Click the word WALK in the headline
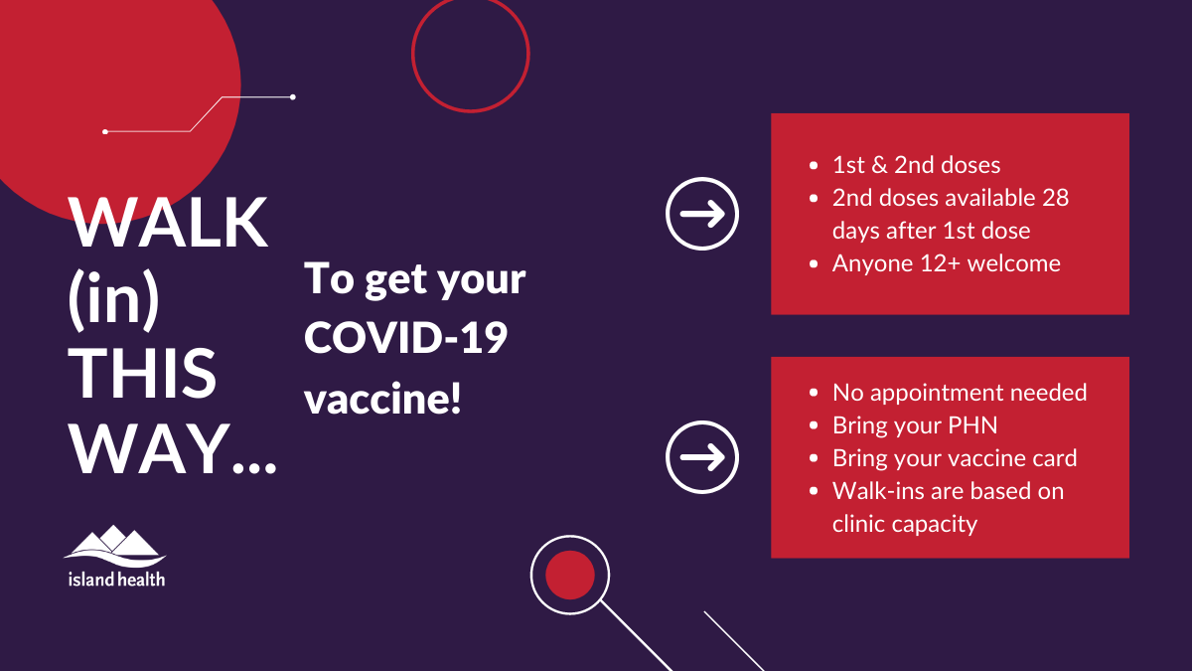click(x=168, y=223)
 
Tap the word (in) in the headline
click(x=114, y=300)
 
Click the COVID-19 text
click(x=405, y=338)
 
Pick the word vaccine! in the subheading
click(x=382, y=398)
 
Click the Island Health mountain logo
click(x=114, y=547)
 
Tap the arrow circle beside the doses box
click(x=702, y=214)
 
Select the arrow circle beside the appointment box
click(x=702, y=457)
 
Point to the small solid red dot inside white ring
click(x=570, y=576)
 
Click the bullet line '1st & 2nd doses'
click(x=916, y=165)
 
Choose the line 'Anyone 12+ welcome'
click(x=946, y=263)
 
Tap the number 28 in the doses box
click(x=1055, y=198)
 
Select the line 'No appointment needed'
click(x=960, y=393)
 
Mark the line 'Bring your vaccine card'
click(x=955, y=458)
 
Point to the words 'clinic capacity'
click(x=905, y=524)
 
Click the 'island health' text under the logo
click(x=116, y=579)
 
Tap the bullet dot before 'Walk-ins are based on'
click(x=814, y=491)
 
